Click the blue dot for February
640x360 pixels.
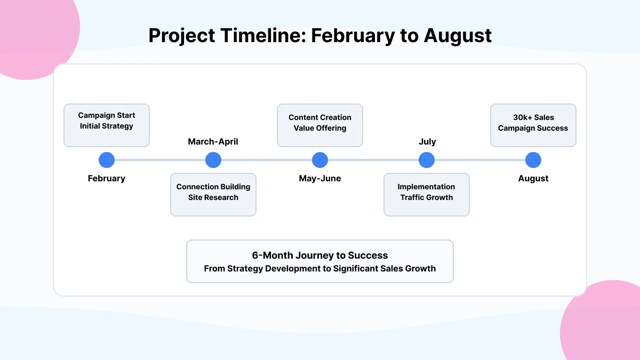click(107, 160)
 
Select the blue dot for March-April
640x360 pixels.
click(213, 160)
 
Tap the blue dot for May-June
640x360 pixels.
click(320, 160)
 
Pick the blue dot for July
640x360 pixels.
click(427, 160)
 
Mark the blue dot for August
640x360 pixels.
click(533, 160)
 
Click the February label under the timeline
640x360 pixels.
click(107, 179)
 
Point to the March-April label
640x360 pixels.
click(213, 142)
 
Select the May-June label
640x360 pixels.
click(320, 179)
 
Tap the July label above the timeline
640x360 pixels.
click(427, 142)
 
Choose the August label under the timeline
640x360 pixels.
click(533, 179)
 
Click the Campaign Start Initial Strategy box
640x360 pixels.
click(107, 125)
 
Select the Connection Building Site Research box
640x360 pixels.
click(213, 195)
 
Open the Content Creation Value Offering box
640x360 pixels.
click(320, 125)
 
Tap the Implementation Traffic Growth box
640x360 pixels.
click(427, 195)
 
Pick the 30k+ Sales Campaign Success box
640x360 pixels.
click(533, 125)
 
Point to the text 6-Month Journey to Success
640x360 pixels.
click(320, 255)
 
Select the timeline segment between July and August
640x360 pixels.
click(480, 160)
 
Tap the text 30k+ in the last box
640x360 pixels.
click(523, 117)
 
